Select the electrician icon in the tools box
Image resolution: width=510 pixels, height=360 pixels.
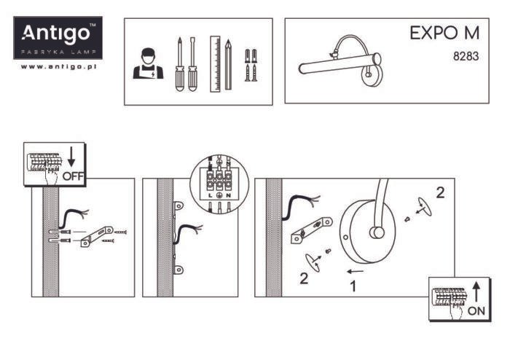[x=148, y=64]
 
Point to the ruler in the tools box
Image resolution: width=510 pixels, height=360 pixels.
[x=215, y=64]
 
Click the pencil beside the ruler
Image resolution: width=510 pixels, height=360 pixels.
[x=228, y=64]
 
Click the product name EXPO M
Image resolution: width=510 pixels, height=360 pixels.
[x=444, y=33]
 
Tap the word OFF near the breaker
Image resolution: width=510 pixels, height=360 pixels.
[x=74, y=176]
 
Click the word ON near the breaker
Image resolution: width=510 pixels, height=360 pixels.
[x=476, y=310]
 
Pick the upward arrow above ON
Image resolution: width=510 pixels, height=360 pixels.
[x=476, y=292]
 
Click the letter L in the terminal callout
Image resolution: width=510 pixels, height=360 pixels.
[x=210, y=196]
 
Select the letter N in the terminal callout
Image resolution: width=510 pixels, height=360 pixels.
[x=229, y=196]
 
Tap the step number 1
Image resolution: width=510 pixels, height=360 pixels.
[x=353, y=286]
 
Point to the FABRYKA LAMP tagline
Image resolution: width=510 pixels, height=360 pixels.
[x=57, y=53]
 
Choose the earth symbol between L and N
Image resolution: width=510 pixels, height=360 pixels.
[x=219, y=196]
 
